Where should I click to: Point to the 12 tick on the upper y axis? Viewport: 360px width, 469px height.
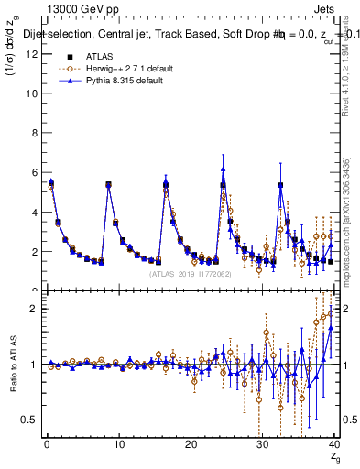pos(32,54)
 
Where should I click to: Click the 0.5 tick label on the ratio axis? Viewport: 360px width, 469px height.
pos(30,420)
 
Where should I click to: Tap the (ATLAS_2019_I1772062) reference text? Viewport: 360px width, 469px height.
pos(189,273)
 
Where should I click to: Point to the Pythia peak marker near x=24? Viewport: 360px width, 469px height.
pos(223,169)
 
